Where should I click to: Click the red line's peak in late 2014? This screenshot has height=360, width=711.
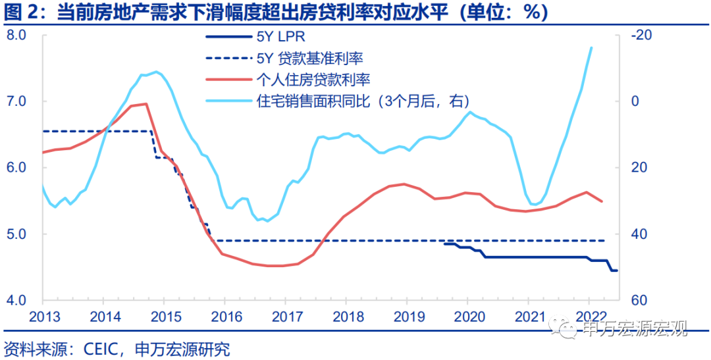pyautogui.click(x=145, y=103)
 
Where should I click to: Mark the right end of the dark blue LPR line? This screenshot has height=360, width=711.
pyautogui.click(x=617, y=270)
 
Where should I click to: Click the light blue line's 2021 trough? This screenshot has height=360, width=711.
pyautogui.click(x=535, y=204)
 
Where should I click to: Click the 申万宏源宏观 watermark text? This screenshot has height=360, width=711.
pyautogui.click(x=636, y=328)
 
